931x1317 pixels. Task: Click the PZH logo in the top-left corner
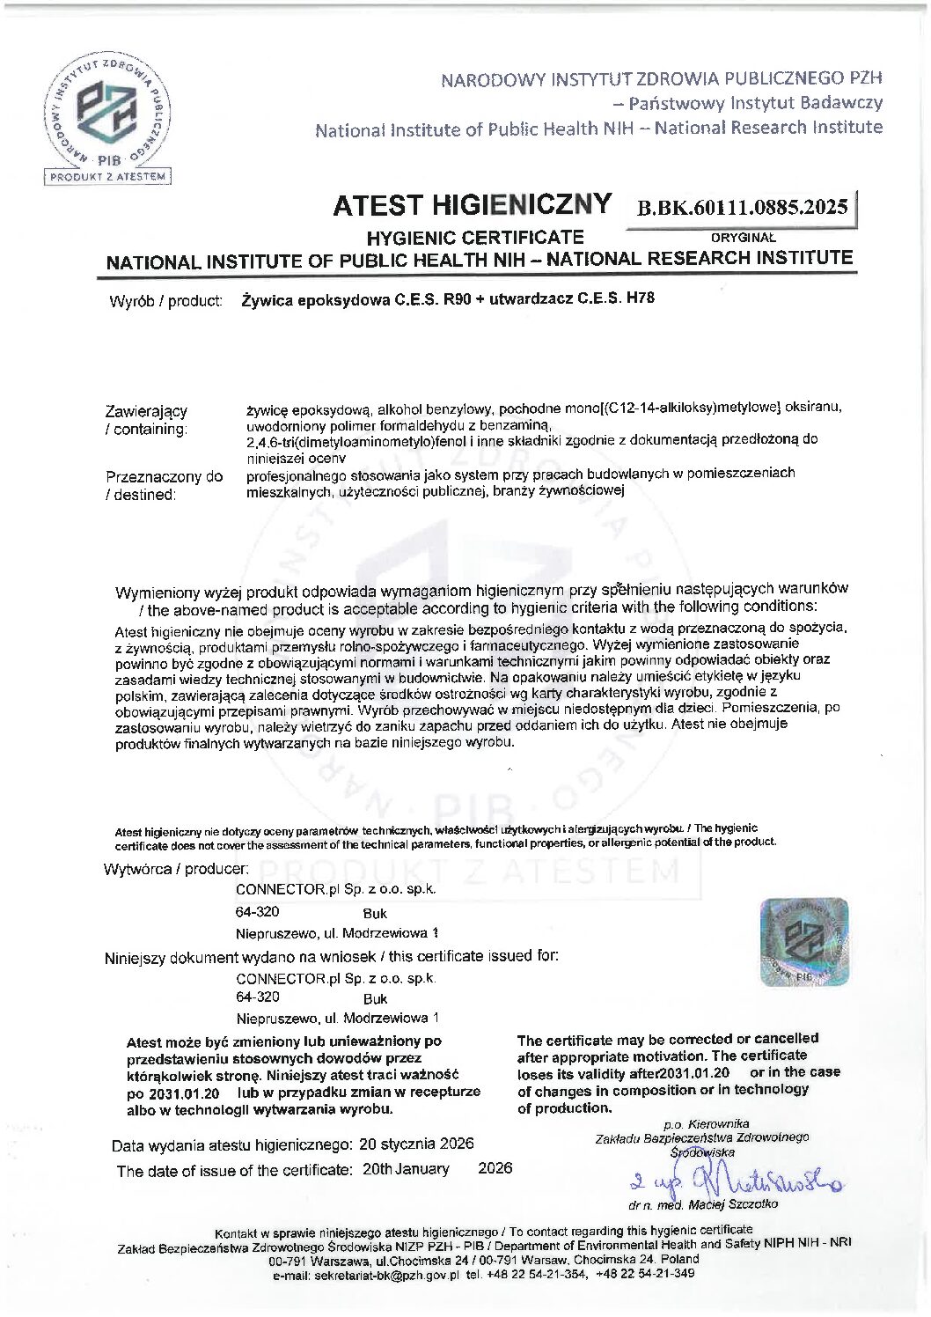pos(109,112)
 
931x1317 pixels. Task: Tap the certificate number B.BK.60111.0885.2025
pos(744,208)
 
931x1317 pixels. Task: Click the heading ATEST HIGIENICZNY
pos(472,204)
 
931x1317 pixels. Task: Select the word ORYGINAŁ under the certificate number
pos(743,236)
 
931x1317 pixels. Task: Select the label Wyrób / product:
pos(165,301)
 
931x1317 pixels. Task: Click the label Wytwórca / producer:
pos(176,869)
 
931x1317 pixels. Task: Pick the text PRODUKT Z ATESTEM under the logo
pos(109,176)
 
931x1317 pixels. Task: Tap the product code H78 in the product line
pos(640,298)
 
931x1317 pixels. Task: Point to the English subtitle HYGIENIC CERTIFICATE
pos(475,237)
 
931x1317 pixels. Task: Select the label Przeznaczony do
pos(165,476)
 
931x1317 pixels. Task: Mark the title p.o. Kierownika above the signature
pos(707,1123)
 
